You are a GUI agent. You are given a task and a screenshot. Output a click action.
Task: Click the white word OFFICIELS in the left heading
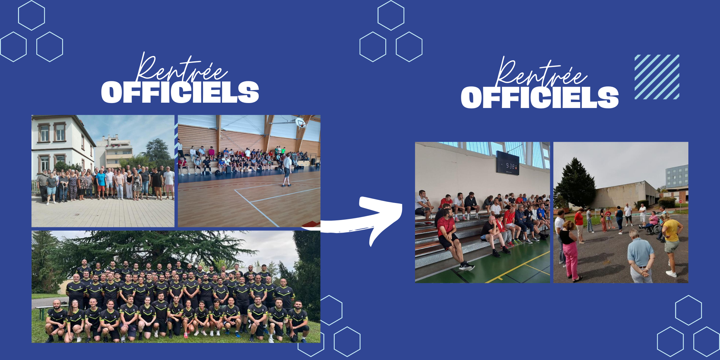(180, 92)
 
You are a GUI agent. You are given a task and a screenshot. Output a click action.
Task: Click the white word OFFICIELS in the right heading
(540, 97)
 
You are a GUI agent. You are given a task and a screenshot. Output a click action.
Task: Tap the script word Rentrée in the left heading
(182, 68)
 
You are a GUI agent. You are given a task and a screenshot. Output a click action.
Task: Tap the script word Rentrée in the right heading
(541, 73)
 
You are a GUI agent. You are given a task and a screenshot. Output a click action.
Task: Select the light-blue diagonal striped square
(657, 77)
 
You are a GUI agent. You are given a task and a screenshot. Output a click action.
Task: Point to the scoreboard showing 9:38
(507, 163)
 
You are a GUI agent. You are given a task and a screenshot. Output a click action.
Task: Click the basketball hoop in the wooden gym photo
(301, 123)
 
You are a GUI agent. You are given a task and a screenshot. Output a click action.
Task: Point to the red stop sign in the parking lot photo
(680, 201)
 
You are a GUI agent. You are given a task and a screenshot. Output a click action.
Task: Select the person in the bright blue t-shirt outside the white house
(101, 184)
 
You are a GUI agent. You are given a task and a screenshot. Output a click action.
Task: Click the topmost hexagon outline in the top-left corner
(31, 15)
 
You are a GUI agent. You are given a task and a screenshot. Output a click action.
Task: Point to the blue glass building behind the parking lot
(677, 177)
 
